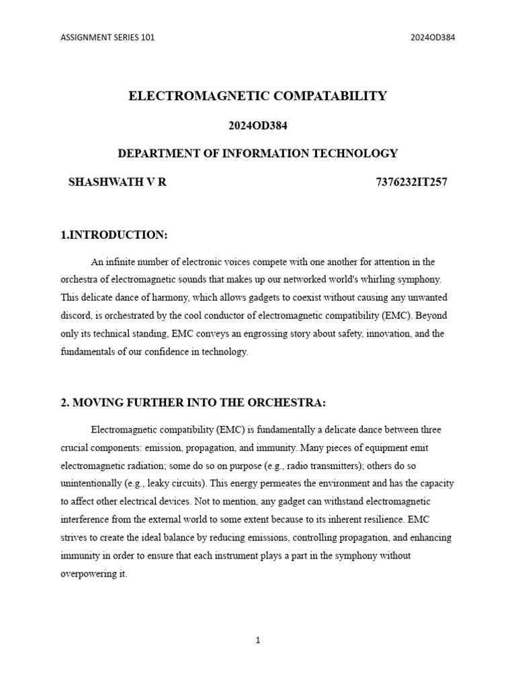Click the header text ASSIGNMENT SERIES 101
(107, 38)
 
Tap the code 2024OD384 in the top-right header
(433, 38)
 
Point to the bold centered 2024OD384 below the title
(258, 125)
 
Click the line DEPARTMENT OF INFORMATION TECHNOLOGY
(258, 153)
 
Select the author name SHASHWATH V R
(118, 182)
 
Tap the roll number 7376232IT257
(408, 182)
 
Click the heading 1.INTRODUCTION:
(114, 235)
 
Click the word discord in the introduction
(76, 316)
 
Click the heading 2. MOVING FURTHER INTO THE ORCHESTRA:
(193, 403)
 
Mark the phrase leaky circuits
(175, 483)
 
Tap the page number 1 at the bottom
(257, 641)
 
